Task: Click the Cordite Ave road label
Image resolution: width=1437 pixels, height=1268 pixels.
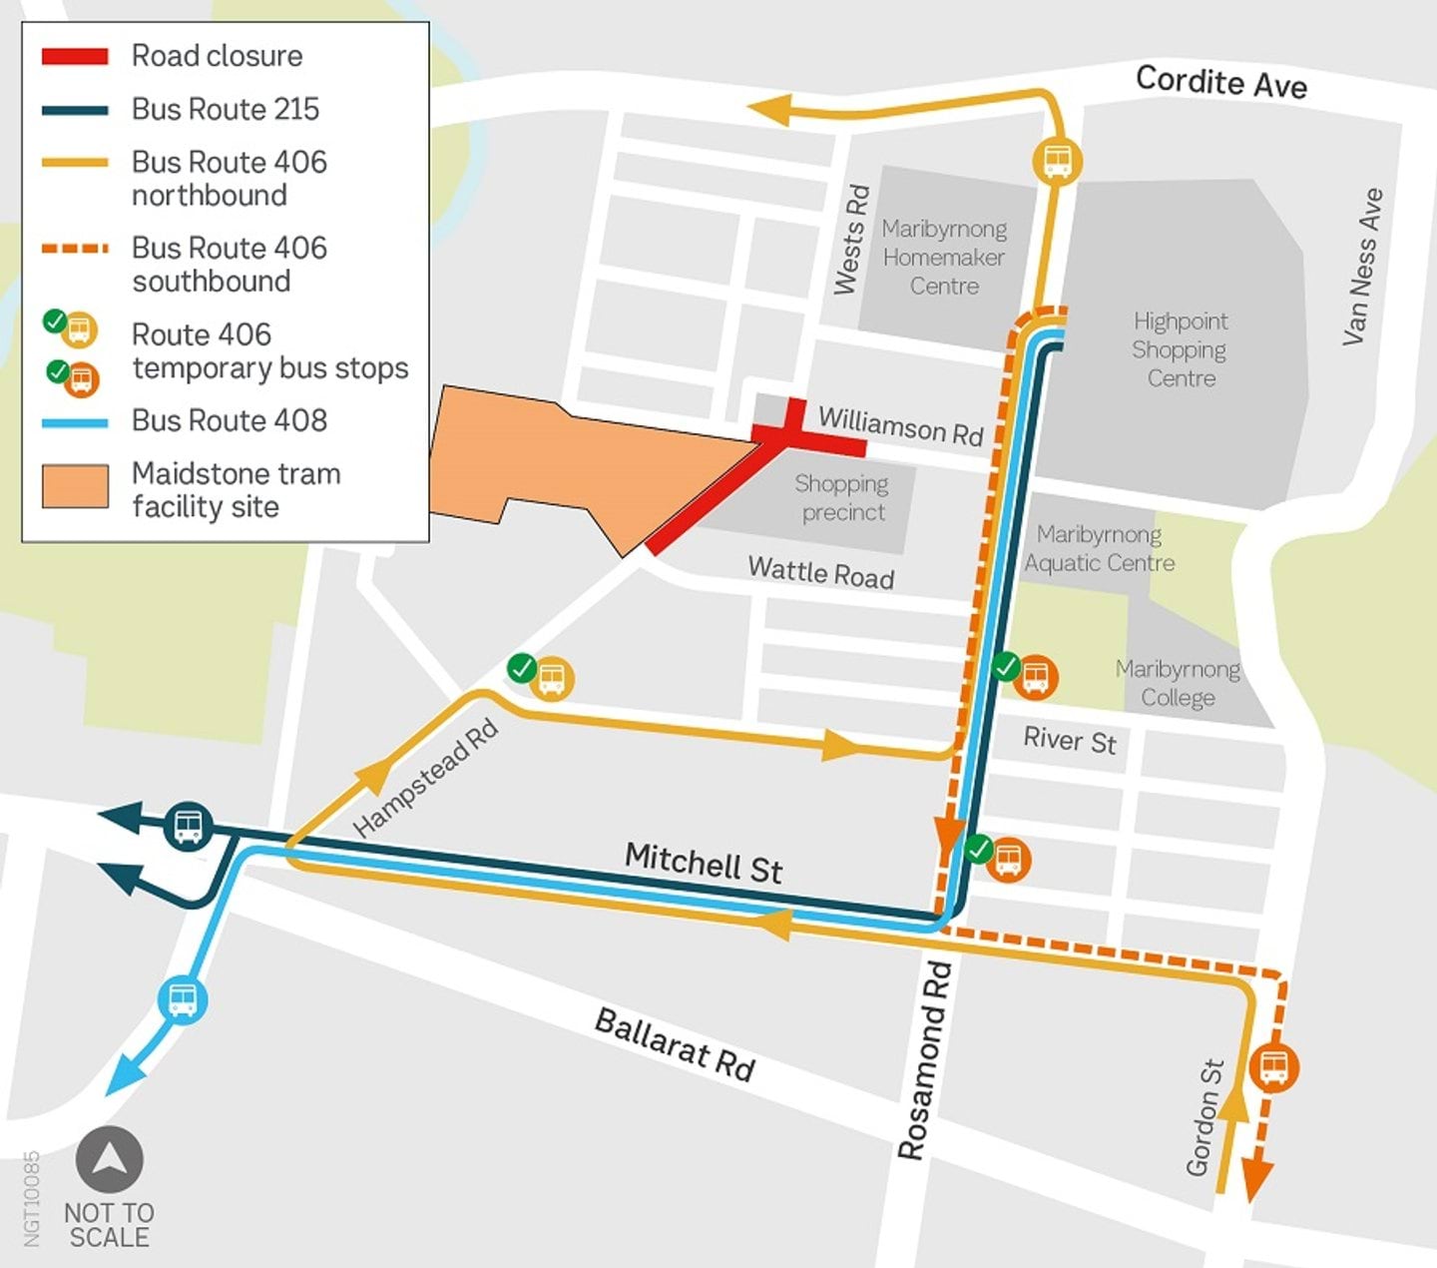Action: (1220, 81)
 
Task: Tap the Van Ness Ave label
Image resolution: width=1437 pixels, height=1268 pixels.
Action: (1362, 267)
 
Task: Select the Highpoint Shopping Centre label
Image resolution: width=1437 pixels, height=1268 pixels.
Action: (1181, 349)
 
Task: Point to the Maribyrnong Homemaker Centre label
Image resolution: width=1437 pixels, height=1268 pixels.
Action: (944, 258)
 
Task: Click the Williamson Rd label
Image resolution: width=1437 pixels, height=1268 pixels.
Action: (901, 426)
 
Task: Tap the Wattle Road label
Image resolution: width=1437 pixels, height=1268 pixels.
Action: (820, 572)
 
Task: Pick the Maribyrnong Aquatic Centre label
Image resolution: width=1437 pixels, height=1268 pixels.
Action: (1099, 548)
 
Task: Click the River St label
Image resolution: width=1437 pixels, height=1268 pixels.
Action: (1069, 740)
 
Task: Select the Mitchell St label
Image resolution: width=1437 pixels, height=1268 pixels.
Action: (704, 863)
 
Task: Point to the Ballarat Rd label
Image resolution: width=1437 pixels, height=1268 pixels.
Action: (675, 1045)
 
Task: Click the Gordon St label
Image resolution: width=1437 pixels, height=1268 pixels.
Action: (1204, 1117)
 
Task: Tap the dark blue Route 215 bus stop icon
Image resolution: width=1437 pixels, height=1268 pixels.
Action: (188, 826)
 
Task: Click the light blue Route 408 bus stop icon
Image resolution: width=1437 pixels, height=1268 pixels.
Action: (183, 999)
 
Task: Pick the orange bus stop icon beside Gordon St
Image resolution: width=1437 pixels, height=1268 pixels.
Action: (1274, 1066)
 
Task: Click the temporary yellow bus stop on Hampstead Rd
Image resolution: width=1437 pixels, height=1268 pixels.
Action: (551, 679)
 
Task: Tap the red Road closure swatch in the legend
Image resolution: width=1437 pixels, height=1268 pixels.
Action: (75, 56)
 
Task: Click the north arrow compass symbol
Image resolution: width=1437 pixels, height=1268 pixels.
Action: (110, 1159)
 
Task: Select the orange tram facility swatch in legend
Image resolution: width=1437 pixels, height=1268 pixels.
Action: (75, 487)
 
